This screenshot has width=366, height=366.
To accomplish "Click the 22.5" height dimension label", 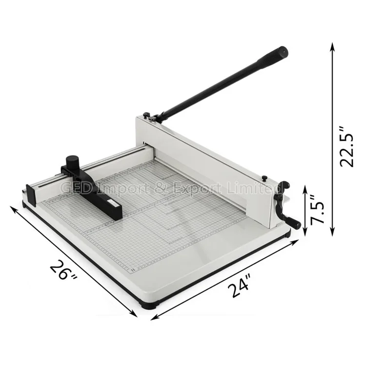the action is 347,147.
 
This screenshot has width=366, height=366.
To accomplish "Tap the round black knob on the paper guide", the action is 73,163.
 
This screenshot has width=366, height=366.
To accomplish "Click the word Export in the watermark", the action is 199,188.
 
